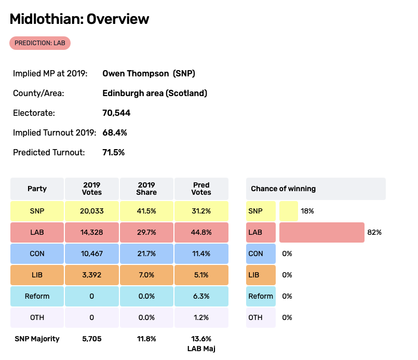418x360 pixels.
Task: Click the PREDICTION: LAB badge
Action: (40, 43)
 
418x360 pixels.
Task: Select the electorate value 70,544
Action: (116, 113)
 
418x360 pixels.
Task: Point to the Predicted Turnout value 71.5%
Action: (114, 152)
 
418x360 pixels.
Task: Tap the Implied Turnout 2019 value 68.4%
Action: (115, 132)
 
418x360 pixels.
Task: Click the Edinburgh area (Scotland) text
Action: (155, 93)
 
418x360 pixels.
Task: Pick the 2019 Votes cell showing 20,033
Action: (92, 211)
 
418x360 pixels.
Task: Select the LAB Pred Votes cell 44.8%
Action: (201, 232)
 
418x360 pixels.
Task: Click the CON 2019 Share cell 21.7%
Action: (146, 254)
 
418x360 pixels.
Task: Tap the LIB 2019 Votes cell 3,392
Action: (92, 275)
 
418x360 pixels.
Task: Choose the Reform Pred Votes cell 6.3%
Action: (201, 296)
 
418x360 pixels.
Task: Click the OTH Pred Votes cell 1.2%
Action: (201, 317)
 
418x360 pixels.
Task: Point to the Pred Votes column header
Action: (201, 189)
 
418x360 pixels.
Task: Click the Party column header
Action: (37, 189)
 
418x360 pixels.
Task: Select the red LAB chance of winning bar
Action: (321, 232)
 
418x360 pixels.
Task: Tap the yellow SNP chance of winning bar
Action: (288, 211)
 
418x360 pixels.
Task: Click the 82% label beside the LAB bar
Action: (374, 232)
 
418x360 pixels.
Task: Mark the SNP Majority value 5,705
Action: (92, 339)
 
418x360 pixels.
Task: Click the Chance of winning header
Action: (284, 189)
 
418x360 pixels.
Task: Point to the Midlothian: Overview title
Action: (79, 19)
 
